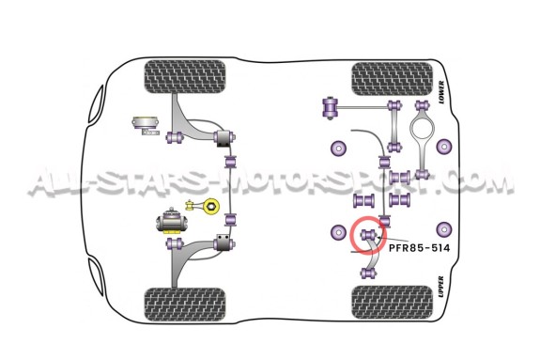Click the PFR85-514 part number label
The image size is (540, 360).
[419, 248]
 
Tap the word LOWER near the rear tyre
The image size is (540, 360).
[441, 92]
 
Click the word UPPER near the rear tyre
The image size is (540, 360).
[441, 287]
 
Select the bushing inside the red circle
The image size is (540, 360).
[368, 236]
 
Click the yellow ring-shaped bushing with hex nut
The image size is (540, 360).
[210, 206]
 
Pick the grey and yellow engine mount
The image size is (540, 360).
[172, 221]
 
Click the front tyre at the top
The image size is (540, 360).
[185, 77]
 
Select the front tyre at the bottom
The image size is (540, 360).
[185, 305]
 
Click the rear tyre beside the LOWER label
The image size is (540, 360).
[392, 79]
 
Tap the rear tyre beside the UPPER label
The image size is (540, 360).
[392, 302]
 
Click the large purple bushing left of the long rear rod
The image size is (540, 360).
[330, 108]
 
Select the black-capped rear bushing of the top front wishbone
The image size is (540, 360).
[224, 138]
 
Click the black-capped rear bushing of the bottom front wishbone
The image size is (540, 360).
[224, 243]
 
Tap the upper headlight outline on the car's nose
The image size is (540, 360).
[97, 103]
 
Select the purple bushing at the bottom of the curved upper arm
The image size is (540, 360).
[368, 274]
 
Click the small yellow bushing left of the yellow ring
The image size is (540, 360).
[190, 206]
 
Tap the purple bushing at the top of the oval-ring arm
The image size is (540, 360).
[423, 105]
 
